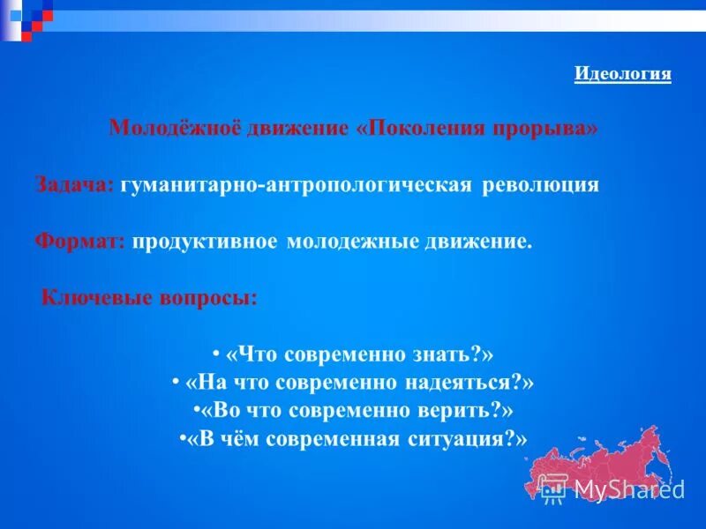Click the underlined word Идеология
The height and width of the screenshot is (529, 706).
click(622, 74)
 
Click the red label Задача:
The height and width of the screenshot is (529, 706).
click(74, 185)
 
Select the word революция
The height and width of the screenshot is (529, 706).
click(543, 185)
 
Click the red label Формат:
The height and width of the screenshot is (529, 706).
click(81, 242)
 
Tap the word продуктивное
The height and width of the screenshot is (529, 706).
click(206, 242)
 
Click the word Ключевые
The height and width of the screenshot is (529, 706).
click(92, 298)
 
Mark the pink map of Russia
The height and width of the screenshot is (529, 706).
click(609, 463)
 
